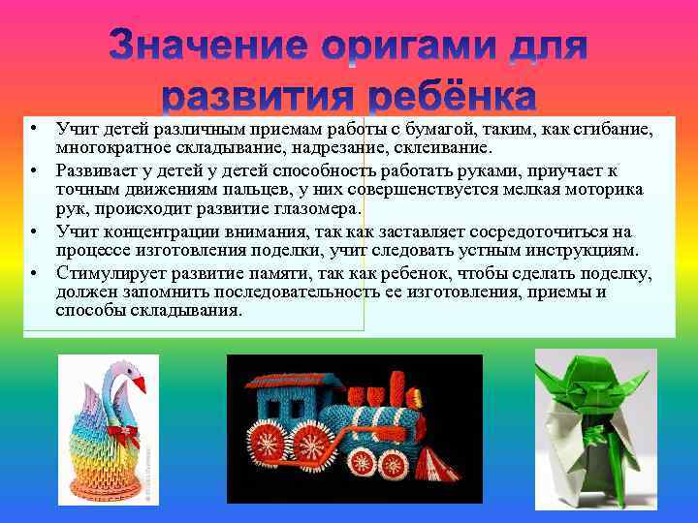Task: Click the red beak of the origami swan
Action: pos(140,385)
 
